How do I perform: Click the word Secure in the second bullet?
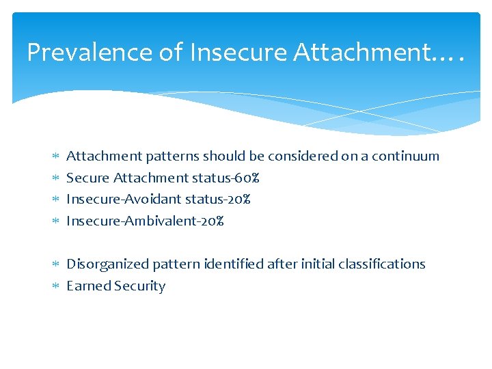coord(87,178)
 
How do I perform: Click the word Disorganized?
coord(105,264)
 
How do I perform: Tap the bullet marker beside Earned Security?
coord(56,286)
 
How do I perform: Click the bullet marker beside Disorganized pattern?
coord(56,264)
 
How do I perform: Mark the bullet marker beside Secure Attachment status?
coord(56,178)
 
